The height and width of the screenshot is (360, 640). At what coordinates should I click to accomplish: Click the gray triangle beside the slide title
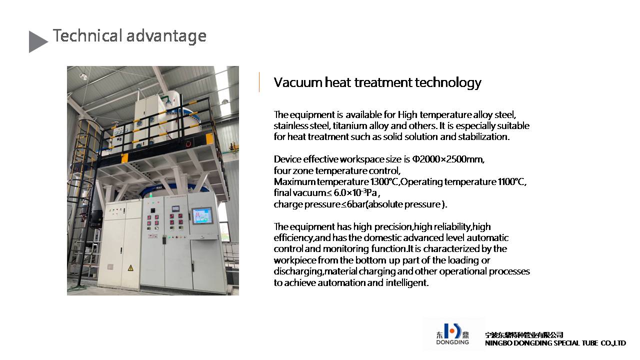[37, 41]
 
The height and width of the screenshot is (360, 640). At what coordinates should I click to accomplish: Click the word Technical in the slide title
[87, 35]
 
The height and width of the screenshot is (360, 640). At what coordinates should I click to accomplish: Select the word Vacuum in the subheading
[297, 82]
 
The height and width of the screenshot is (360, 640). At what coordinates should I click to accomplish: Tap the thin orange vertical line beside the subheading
[259, 82]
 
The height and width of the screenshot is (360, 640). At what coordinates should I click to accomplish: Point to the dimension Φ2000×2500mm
[447, 159]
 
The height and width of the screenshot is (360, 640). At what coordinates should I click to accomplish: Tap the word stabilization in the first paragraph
[483, 137]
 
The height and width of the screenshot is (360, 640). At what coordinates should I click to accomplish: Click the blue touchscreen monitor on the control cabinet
[202, 215]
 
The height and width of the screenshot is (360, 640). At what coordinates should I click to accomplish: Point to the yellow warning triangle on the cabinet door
[130, 267]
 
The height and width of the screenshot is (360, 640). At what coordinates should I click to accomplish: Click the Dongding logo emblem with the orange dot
[452, 331]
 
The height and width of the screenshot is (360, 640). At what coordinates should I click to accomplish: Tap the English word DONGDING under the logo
[452, 342]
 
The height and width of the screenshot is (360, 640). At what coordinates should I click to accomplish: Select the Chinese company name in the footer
[524, 335]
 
